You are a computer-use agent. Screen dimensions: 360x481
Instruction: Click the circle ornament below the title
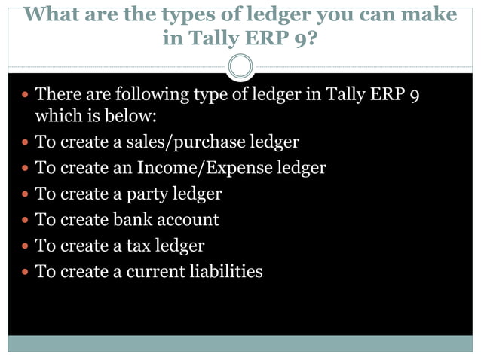pos(240,66)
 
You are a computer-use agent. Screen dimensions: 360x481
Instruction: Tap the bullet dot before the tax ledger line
pos(24,246)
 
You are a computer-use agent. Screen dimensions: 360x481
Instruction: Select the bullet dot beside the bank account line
pos(24,220)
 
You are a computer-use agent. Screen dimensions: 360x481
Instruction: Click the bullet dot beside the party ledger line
pos(24,194)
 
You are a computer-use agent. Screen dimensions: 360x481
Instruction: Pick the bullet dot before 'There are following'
pos(24,95)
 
